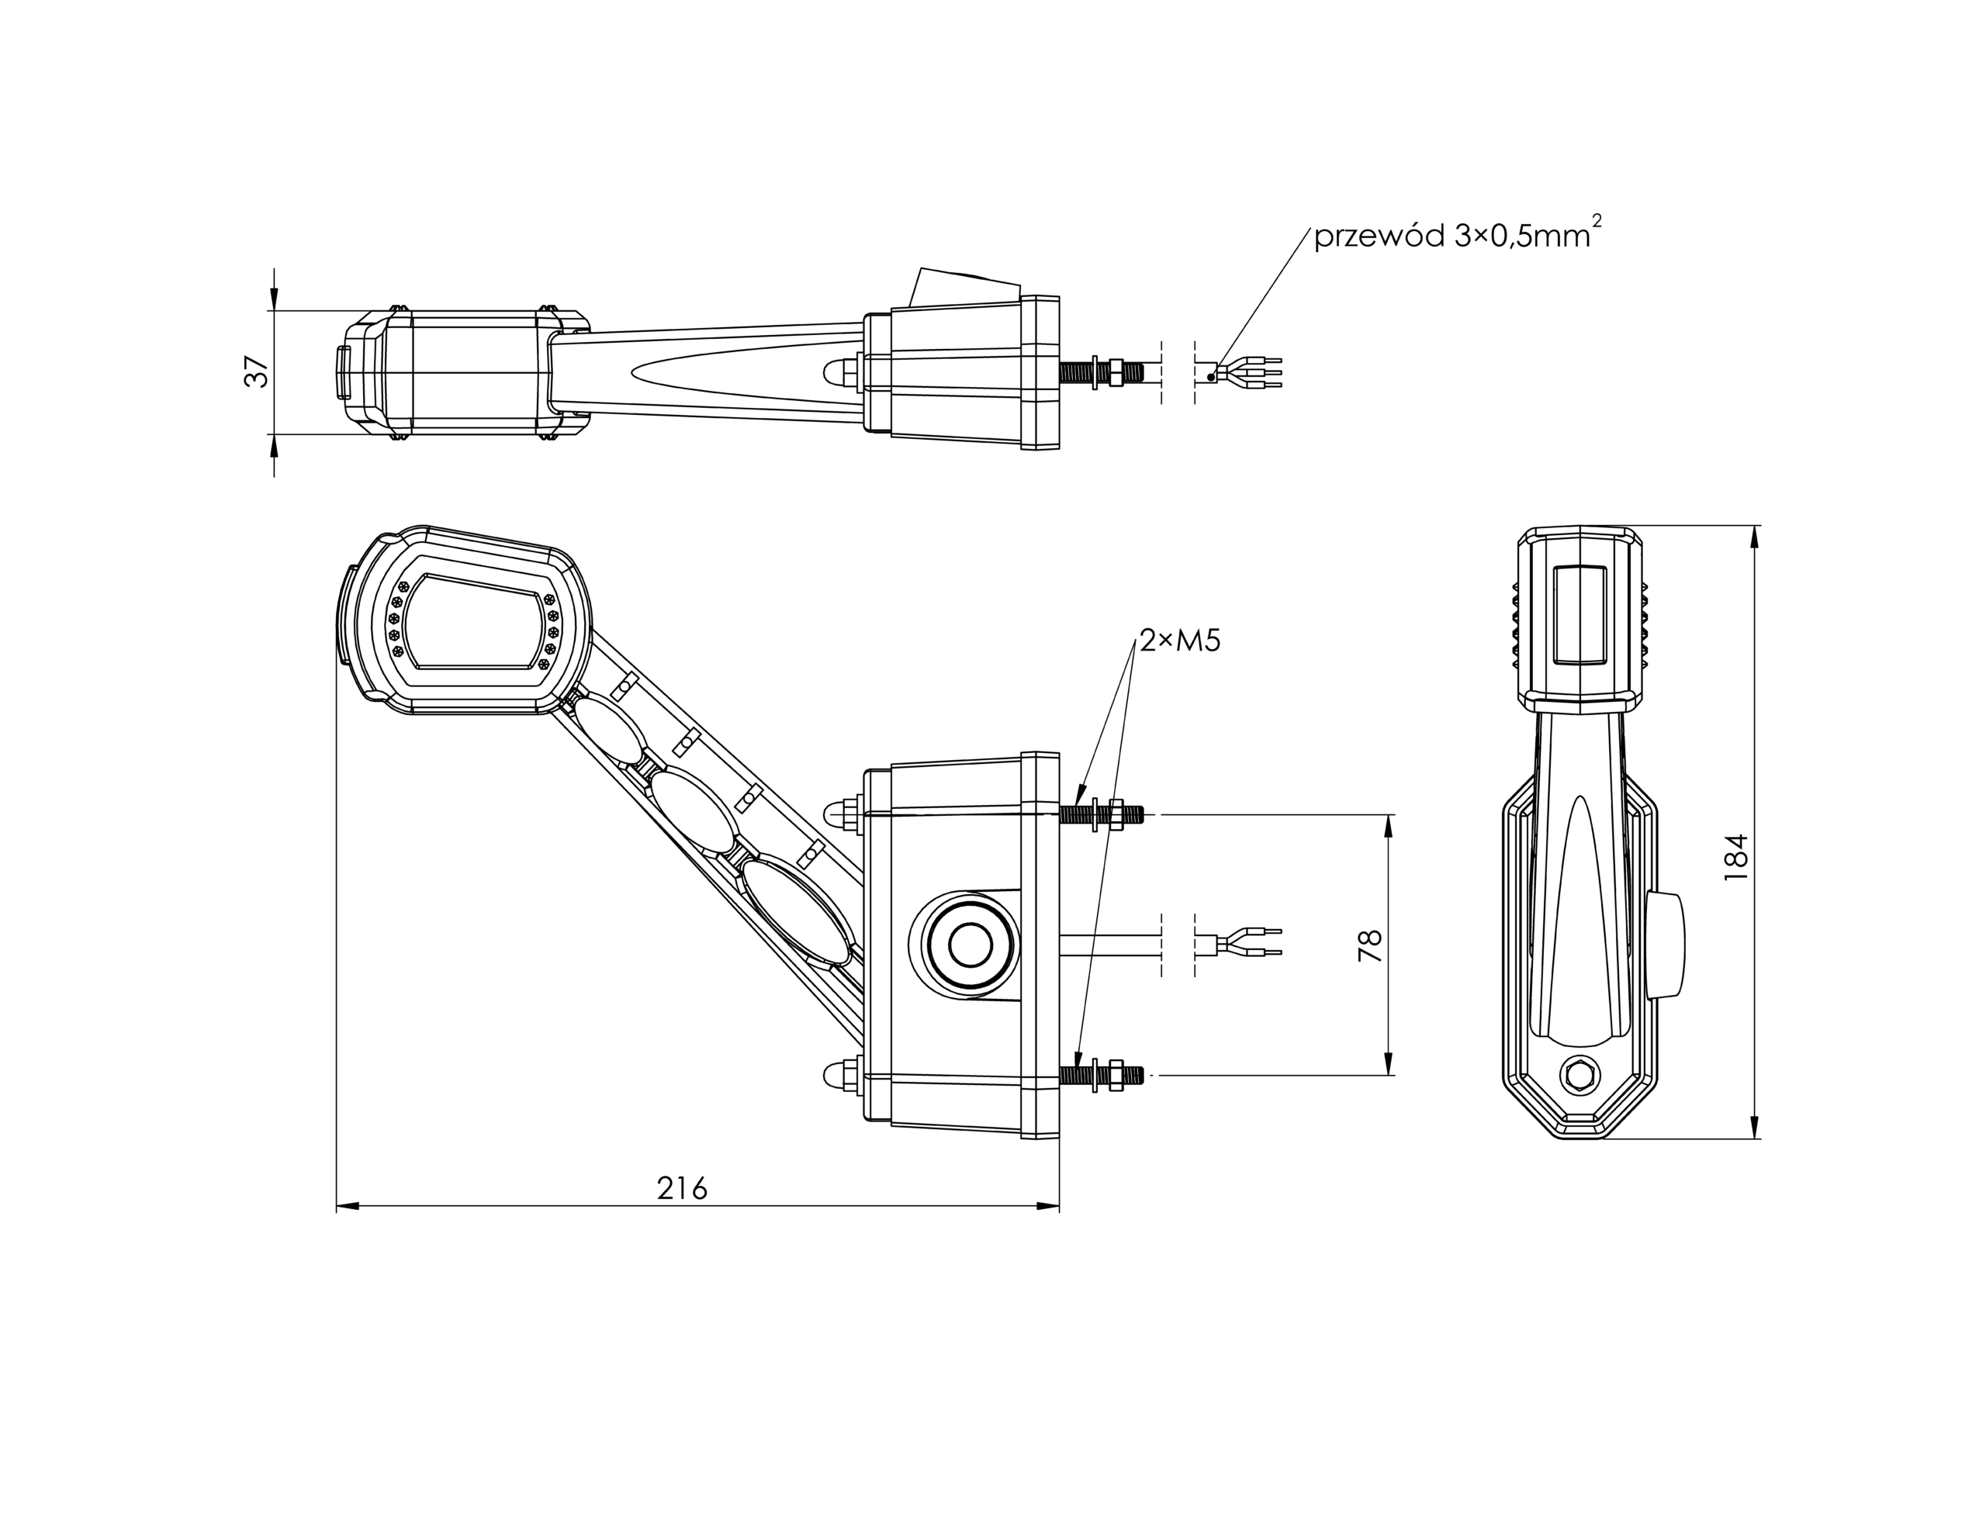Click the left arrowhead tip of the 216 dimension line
(337, 1207)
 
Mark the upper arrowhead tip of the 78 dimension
(1389, 815)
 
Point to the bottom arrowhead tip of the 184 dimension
(1755, 1138)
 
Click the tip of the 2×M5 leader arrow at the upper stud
(1078, 800)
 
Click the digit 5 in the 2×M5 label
(1210, 641)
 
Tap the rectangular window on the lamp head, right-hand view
(1580, 612)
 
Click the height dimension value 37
(258, 372)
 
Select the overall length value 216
(682, 1187)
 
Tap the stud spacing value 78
(1369, 945)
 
